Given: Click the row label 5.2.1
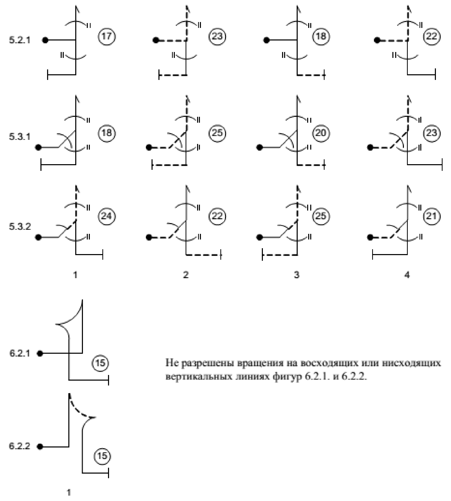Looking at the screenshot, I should (x=20, y=40).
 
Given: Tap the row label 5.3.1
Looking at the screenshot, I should (x=20, y=137).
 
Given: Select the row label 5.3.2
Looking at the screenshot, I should (x=20, y=227).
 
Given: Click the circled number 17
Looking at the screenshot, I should (x=107, y=37).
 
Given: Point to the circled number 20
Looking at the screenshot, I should (x=321, y=133).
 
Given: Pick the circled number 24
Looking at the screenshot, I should (x=107, y=216).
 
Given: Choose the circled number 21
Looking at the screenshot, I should (x=432, y=216).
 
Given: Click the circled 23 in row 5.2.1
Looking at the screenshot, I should (x=217, y=37).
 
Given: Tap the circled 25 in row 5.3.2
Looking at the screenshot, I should (x=321, y=216).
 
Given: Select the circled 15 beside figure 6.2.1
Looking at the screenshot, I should (x=100, y=363).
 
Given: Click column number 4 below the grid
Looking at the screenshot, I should (x=407, y=275).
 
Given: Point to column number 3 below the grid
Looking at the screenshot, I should (x=296, y=275).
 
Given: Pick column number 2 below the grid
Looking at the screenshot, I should (x=186, y=275).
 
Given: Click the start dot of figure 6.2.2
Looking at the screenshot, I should (x=40, y=447).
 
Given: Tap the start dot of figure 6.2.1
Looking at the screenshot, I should (x=40, y=354).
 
